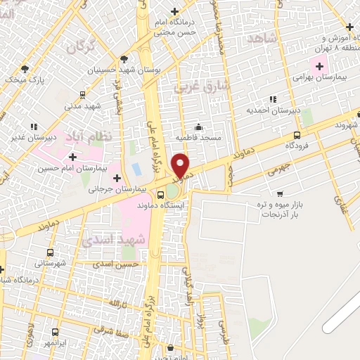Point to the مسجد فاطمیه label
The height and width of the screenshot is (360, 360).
[199, 138]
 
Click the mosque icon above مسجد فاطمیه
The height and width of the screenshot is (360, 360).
[199, 127]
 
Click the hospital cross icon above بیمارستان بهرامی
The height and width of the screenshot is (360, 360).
[320, 66]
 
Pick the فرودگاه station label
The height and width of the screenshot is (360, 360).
[298, 145]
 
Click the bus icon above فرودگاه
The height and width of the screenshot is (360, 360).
[297, 135]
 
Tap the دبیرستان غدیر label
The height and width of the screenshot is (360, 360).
[32, 137]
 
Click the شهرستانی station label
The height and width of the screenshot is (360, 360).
[50, 262]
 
